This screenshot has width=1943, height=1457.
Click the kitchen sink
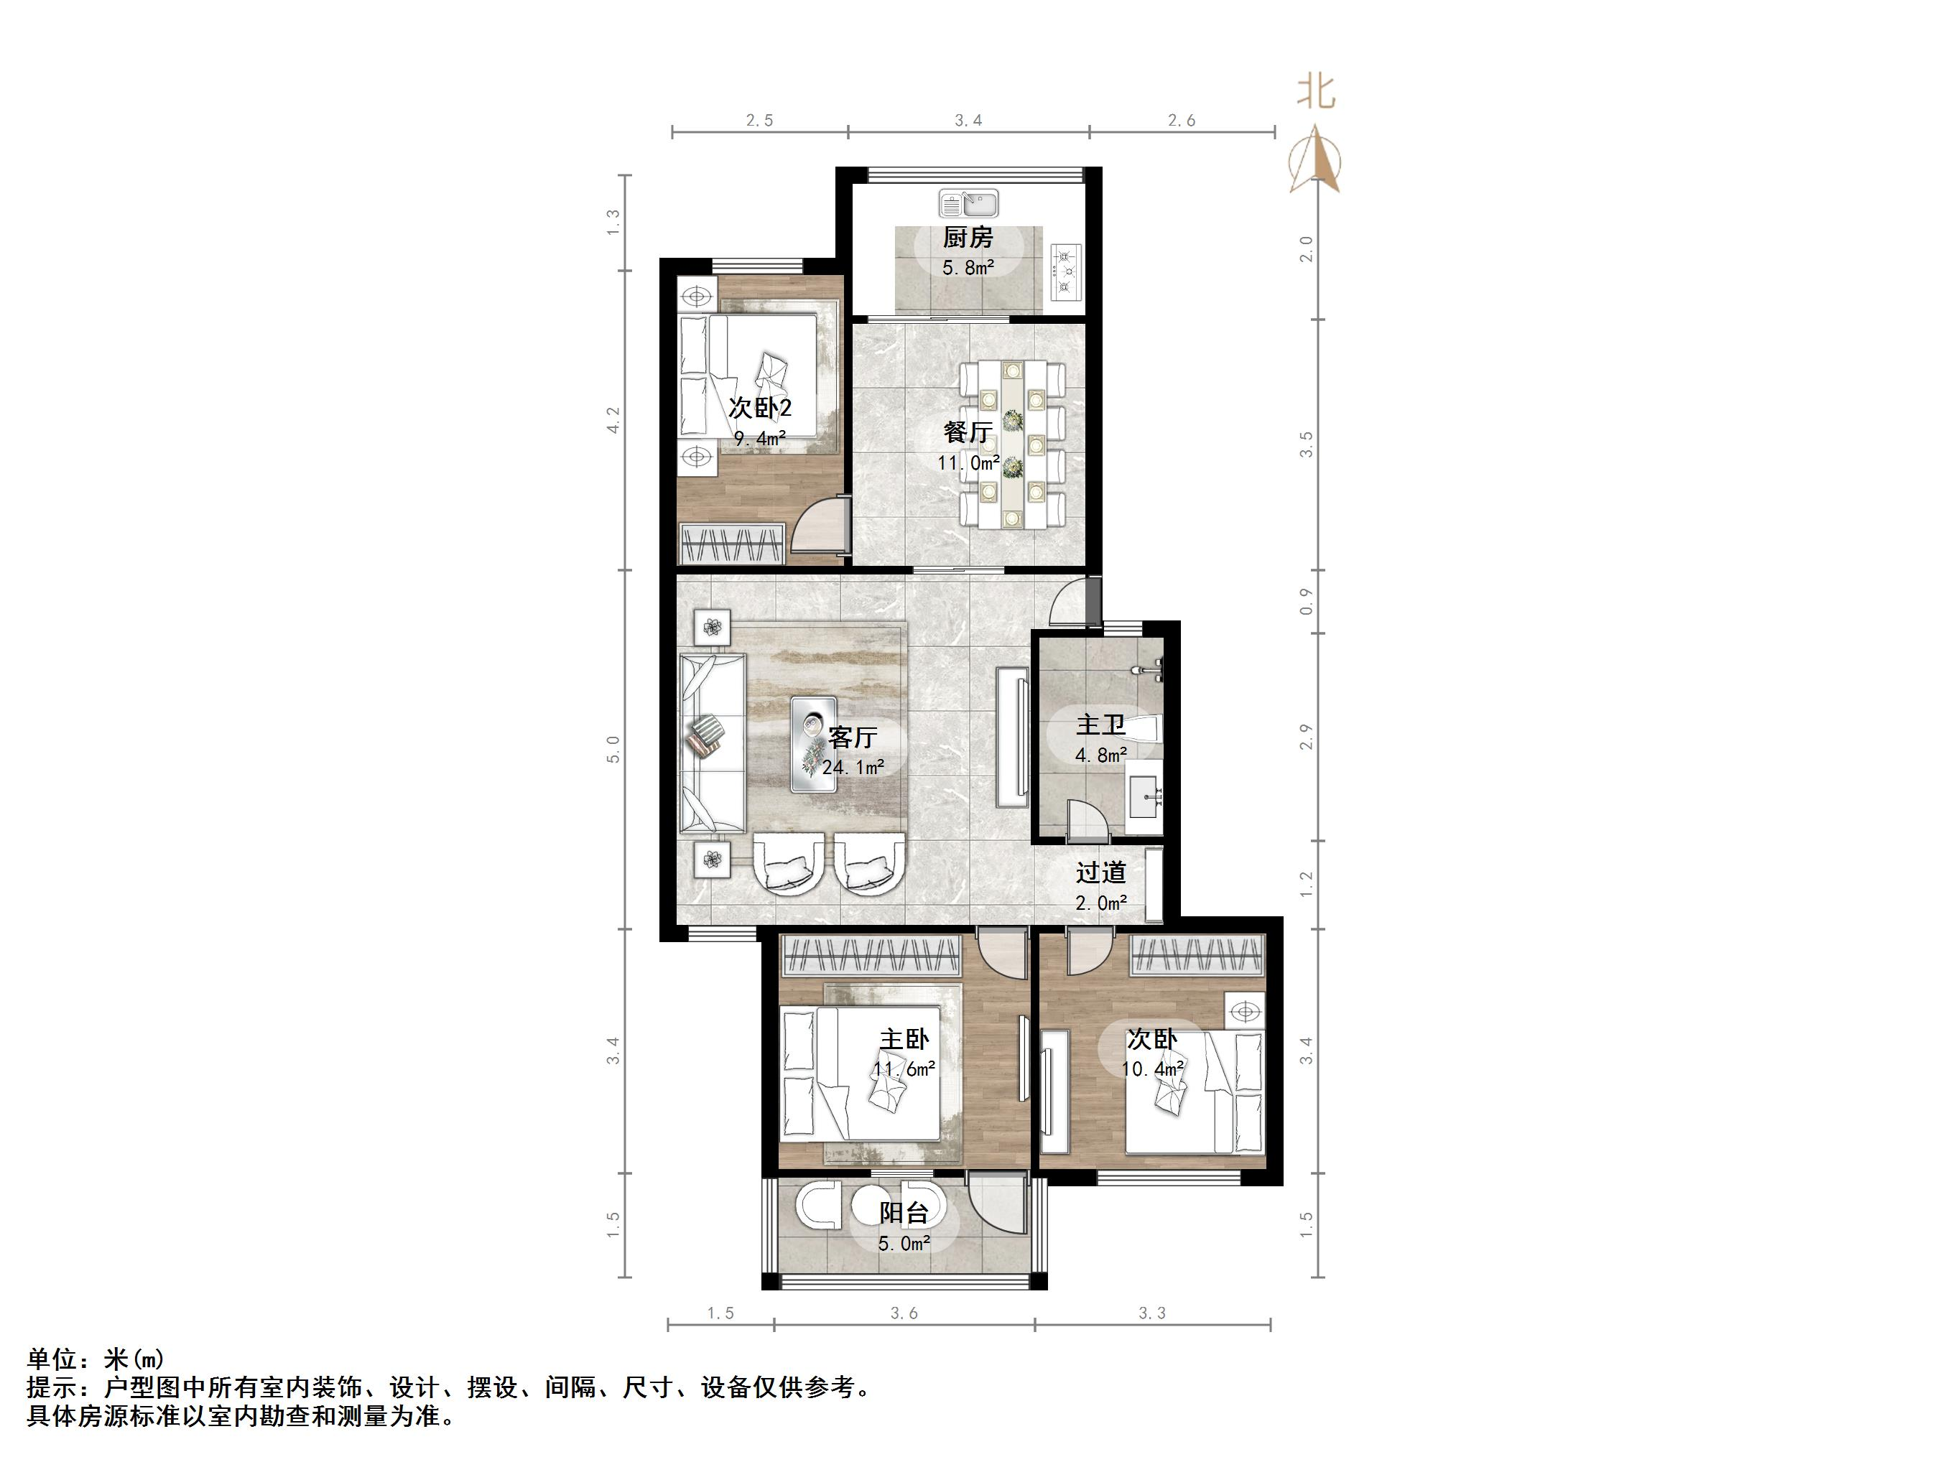pyautogui.click(x=968, y=204)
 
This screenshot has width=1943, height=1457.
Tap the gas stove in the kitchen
pyautogui.click(x=1067, y=271)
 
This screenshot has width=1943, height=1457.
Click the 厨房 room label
pyautogui.click(x=968, y=238)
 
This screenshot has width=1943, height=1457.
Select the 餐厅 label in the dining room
pyautogui.click(x=968, y=432)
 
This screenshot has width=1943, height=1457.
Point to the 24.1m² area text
pyautogui.click(x=853, y=768)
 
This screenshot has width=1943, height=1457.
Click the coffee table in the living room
pyautogui.click(x=200, y=744)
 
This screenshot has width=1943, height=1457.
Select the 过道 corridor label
pyautogui.click(x=1100, y=873)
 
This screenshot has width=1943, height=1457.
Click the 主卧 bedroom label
pyautogui.click(x=904, y=1040)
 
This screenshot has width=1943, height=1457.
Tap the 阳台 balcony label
pyautogui.click(x=904, y=1214)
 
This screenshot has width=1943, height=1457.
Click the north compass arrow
pyautogui.click(x=1315, y=159)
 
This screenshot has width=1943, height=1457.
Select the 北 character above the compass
pyautogui.click(x=1316, y=91)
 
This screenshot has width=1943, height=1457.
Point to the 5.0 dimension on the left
pyautogui.click(x=613, y=748)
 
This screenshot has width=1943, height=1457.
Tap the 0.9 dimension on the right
pyautogui.click(x=1306, y=602)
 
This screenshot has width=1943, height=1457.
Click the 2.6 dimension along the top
pyautogui.click(x=1182, y=121)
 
